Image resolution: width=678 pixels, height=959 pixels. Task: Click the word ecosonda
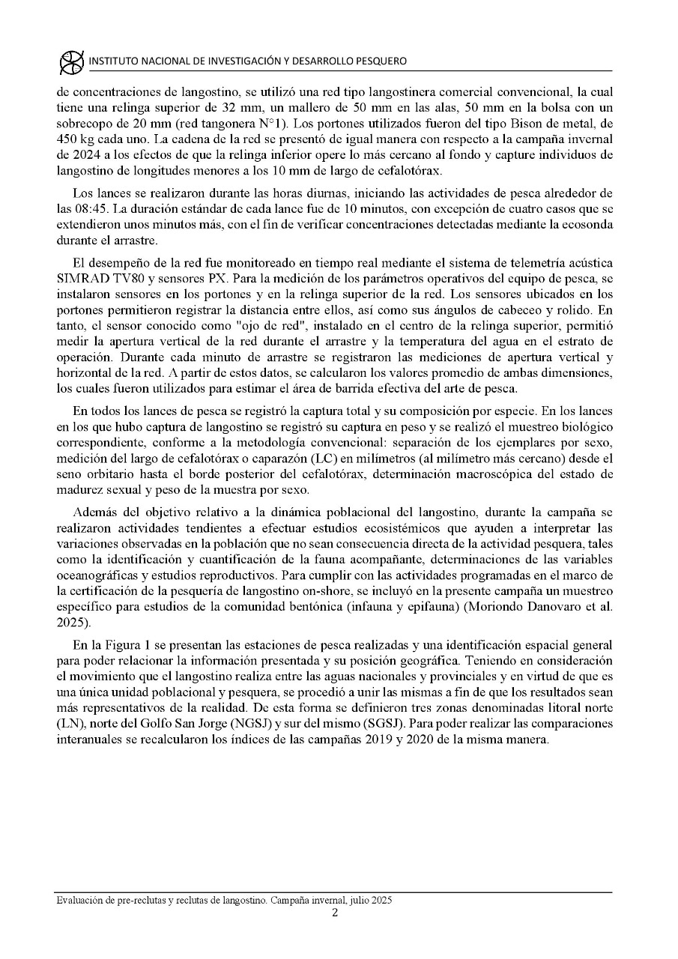coord(587,224)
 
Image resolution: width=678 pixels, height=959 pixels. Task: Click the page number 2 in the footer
coord(335,913)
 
